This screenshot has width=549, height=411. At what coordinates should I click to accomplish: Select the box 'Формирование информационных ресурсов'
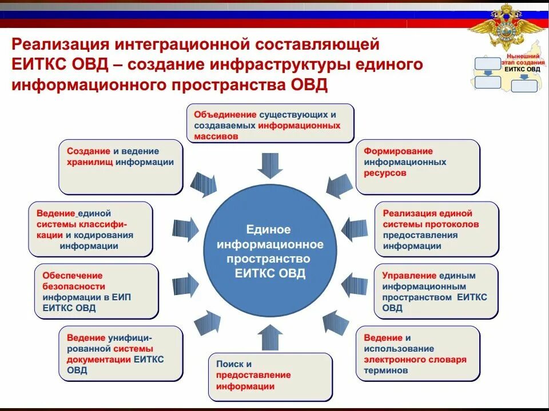pyautogui.click(x=417, y=166)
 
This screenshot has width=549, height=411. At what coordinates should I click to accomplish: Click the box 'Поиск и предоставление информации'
pyautogui.click(x=270, y=376)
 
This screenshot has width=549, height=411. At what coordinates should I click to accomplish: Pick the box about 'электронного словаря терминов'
pyautogui.click(x=417, y=353)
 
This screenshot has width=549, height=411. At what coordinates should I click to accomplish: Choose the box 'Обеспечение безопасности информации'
pyautogui.click(x=96, y=291)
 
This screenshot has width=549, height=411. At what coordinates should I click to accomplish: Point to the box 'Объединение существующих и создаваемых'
pyautogui.click(x=270, y=122)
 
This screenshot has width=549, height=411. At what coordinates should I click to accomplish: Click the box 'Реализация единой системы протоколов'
pyautogui.click(x=437, y=229)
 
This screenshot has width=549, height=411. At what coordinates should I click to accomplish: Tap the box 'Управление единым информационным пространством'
pyautogui.click(x=436, y=291)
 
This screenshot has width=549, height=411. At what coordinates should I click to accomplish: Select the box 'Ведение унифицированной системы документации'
pyautogui.click(x=121, y=353)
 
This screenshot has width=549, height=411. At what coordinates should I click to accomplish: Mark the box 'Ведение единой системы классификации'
pyautogui.click(x=90, y=229)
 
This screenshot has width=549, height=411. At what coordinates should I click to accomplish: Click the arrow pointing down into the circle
pyautogui.click(x=270, y=165)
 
